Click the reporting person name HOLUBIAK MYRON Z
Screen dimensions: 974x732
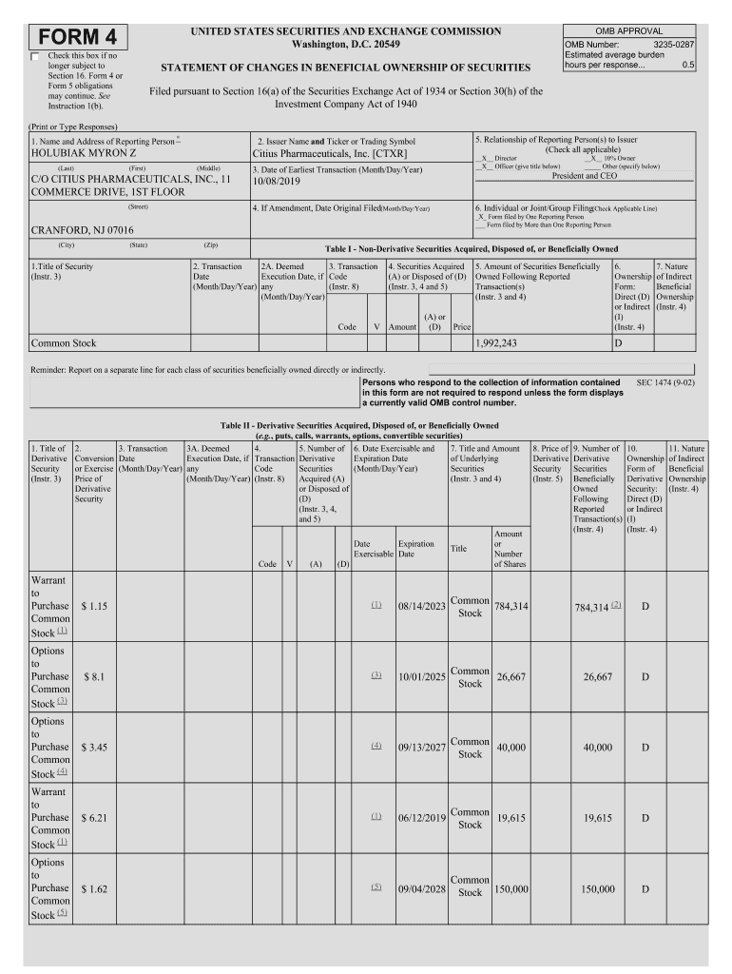point(84,152)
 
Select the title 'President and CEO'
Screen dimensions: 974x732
point(585,176)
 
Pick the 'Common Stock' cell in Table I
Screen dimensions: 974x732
point(64,343)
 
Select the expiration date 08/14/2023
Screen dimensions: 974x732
point(422,606)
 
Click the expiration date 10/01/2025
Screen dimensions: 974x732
point(422,676)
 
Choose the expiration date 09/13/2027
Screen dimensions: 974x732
point(422,748)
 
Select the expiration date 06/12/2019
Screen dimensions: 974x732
point(422,818)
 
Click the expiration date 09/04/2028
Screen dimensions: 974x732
point(422,888)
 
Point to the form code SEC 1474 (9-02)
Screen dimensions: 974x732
point(665,381)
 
